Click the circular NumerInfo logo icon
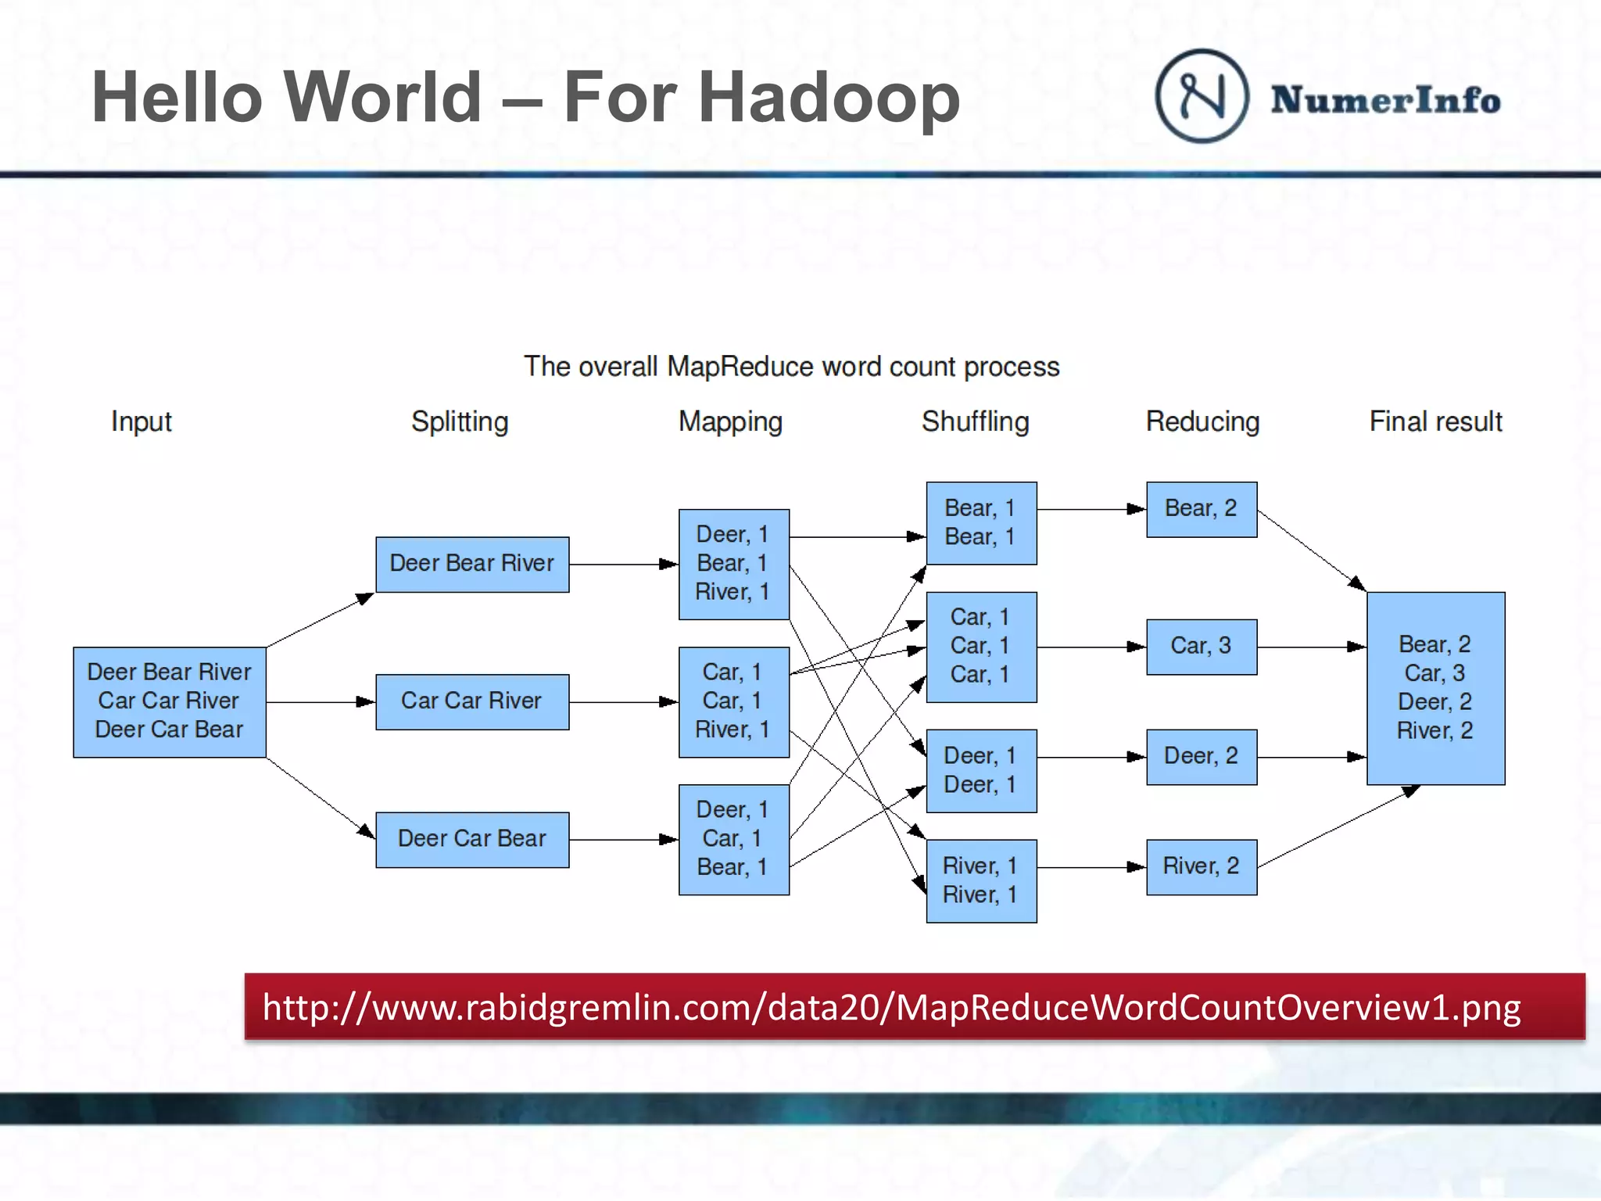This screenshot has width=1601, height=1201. point(1202,96)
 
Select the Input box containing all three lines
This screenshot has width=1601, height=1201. point(170,701)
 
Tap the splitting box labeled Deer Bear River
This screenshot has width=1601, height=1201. point(472,564)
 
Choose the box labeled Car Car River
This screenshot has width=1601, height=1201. point(472,701)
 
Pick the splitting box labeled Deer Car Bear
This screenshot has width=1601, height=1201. point(472,839)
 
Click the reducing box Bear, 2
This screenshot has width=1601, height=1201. point(1202,509)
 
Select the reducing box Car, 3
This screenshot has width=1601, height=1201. point(1202,647)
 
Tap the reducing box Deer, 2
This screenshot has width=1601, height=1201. point(1202,757)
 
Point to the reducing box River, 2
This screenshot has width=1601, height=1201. point(1202,866)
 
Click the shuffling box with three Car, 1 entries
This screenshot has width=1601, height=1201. point(981,647)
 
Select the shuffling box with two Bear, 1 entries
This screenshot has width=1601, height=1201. point(981,522)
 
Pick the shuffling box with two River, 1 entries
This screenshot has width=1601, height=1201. point(981,880)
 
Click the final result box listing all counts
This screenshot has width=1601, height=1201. point(1435,688)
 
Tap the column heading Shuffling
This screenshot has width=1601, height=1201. point(975,421)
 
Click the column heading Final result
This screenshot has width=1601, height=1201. point(1435,421)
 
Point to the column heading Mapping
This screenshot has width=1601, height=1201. point(730,421)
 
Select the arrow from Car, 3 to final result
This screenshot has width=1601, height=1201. point(1311,647)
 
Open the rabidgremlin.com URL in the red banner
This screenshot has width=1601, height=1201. point(891,1007)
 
